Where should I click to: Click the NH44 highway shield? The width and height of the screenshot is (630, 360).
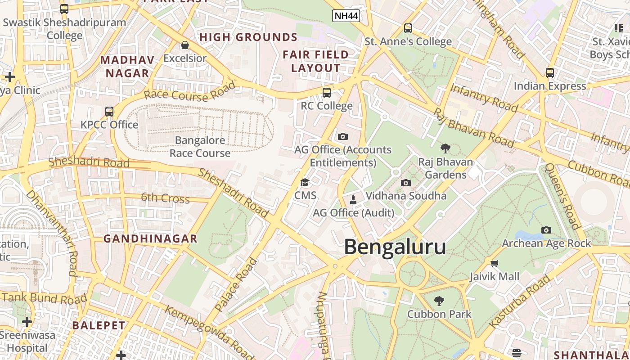tap(346, 16)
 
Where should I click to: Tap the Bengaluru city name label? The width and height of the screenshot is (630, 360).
tap(395, 247)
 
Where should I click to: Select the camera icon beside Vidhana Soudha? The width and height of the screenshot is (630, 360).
tap(405, 183)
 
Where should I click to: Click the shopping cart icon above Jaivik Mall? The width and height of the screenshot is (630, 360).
tap(495, 263)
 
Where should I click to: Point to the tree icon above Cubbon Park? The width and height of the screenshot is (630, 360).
tap(439, 301)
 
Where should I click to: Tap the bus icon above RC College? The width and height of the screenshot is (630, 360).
tap(327, 93)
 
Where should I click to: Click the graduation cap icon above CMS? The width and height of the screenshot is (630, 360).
tap(305, 182)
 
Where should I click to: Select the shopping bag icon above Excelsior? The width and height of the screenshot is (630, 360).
tap(184, 45)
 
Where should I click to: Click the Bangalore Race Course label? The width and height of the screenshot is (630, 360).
tap(200, 147)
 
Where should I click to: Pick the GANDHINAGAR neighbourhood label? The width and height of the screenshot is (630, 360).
tap(150, 238)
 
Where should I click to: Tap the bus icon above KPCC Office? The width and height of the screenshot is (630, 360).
tap(109, 112)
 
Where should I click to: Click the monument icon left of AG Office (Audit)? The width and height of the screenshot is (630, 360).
tap(353, 199)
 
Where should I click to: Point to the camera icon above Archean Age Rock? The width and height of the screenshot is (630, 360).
tap(546, 230)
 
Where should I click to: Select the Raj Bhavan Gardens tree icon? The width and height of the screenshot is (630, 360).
tap(445, 148)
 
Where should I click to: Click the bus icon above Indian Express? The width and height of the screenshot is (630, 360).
tap(549, 72)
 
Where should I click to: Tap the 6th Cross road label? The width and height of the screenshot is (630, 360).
tap(165, 198)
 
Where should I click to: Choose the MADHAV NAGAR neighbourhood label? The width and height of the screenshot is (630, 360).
tap(127, 66)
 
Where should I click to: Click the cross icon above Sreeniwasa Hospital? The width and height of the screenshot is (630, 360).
tap(27, 322)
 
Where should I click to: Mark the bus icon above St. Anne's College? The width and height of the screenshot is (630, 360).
tap(408, 28)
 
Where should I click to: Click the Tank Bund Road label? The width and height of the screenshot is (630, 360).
tap(44, 298)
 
